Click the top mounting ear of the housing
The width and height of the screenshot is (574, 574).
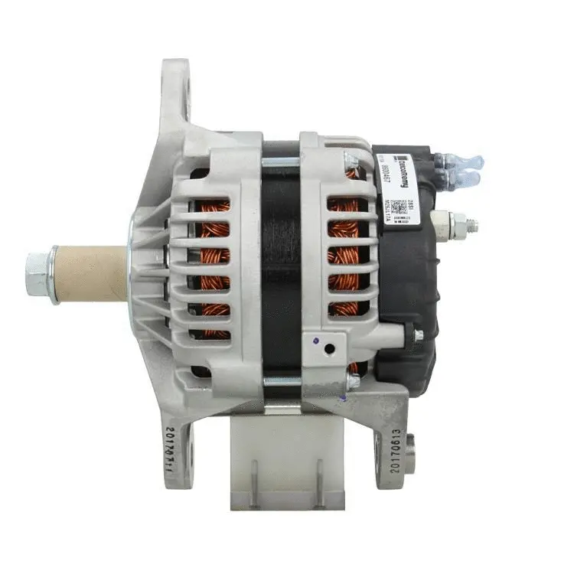pyautogui.click(x=174, y=92)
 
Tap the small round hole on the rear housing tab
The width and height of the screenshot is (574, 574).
pyautogui.click(x=329, y=348)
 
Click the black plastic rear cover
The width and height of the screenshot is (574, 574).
pyautogui.click(x=409, y=306)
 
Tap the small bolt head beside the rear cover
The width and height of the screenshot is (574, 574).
pyautogui.click(x=419, y=335)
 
